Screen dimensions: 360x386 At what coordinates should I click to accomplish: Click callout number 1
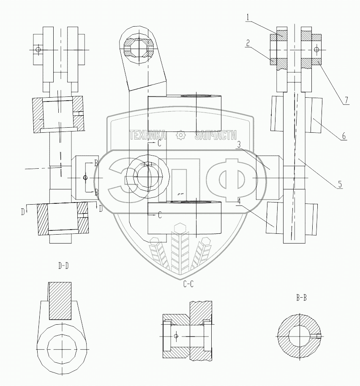(248, 17)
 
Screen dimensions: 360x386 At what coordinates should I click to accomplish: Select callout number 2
(248, 43)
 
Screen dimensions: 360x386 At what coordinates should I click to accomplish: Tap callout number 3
(239, 145)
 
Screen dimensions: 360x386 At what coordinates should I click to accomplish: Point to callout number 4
(239, 201)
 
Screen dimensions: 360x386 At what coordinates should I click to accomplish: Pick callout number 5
(340, 184)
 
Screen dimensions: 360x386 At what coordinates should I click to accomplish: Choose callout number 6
(344, 136)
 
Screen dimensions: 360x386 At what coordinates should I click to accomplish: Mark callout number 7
(346, 100)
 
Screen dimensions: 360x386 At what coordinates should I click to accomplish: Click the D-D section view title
(63, 266)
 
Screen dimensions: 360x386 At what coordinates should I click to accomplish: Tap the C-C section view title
(188, 285)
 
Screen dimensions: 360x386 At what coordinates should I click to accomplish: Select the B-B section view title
(301, 298)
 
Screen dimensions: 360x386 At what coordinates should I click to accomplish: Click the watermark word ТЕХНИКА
(147, 135)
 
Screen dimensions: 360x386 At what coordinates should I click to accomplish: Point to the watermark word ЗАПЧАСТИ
(215, 135)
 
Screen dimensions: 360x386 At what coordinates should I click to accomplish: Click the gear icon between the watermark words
(181, 135)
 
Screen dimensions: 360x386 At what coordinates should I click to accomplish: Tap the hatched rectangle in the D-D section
(60, 301)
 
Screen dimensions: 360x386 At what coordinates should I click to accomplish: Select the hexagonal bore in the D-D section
(62, 349)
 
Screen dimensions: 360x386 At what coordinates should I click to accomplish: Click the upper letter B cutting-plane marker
(96, 163)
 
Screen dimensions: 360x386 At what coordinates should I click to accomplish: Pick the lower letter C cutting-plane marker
(160, 215)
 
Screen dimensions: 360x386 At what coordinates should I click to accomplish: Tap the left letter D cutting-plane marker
(23, 212)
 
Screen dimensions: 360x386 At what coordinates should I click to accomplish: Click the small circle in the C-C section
(176, 336)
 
